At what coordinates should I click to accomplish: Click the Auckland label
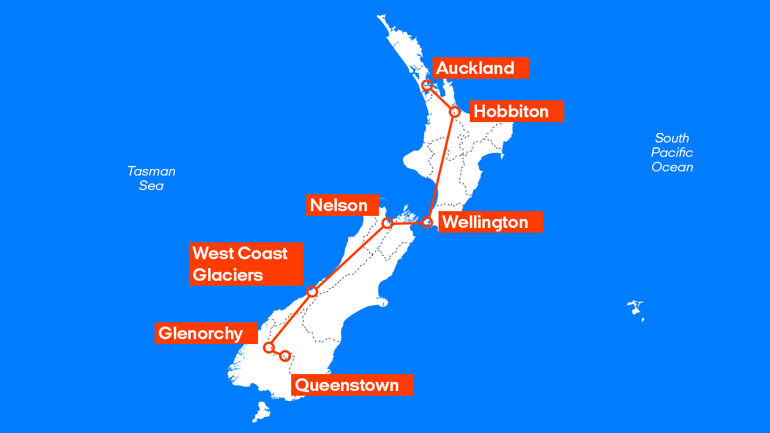(x=480, y=68)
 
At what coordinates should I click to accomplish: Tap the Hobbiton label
(x=516, y=111)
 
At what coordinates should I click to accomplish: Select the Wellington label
(x=490, y=222)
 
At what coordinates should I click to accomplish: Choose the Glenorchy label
(x=206, y=333)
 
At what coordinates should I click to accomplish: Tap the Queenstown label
(x=352, y=385)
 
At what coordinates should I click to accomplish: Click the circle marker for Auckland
(x=427, y=85)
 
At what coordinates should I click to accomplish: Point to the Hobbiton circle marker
(x=455, y=111)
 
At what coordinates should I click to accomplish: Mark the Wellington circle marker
(x=427, y=223)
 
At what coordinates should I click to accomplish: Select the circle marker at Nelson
(x=387, y=223)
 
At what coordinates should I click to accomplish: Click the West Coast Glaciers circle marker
(x=312, y=292)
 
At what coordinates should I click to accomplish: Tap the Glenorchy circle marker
(x=269, y=348)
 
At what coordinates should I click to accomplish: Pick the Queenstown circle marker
(x=286, y=356)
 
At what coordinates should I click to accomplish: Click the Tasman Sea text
(x=151, y=178)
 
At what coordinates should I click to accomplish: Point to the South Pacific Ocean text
(x=672, y=153)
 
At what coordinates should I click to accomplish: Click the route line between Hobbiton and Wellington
(x=442, y=165)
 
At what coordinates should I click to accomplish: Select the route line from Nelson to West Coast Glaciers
(x=350, y=257)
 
